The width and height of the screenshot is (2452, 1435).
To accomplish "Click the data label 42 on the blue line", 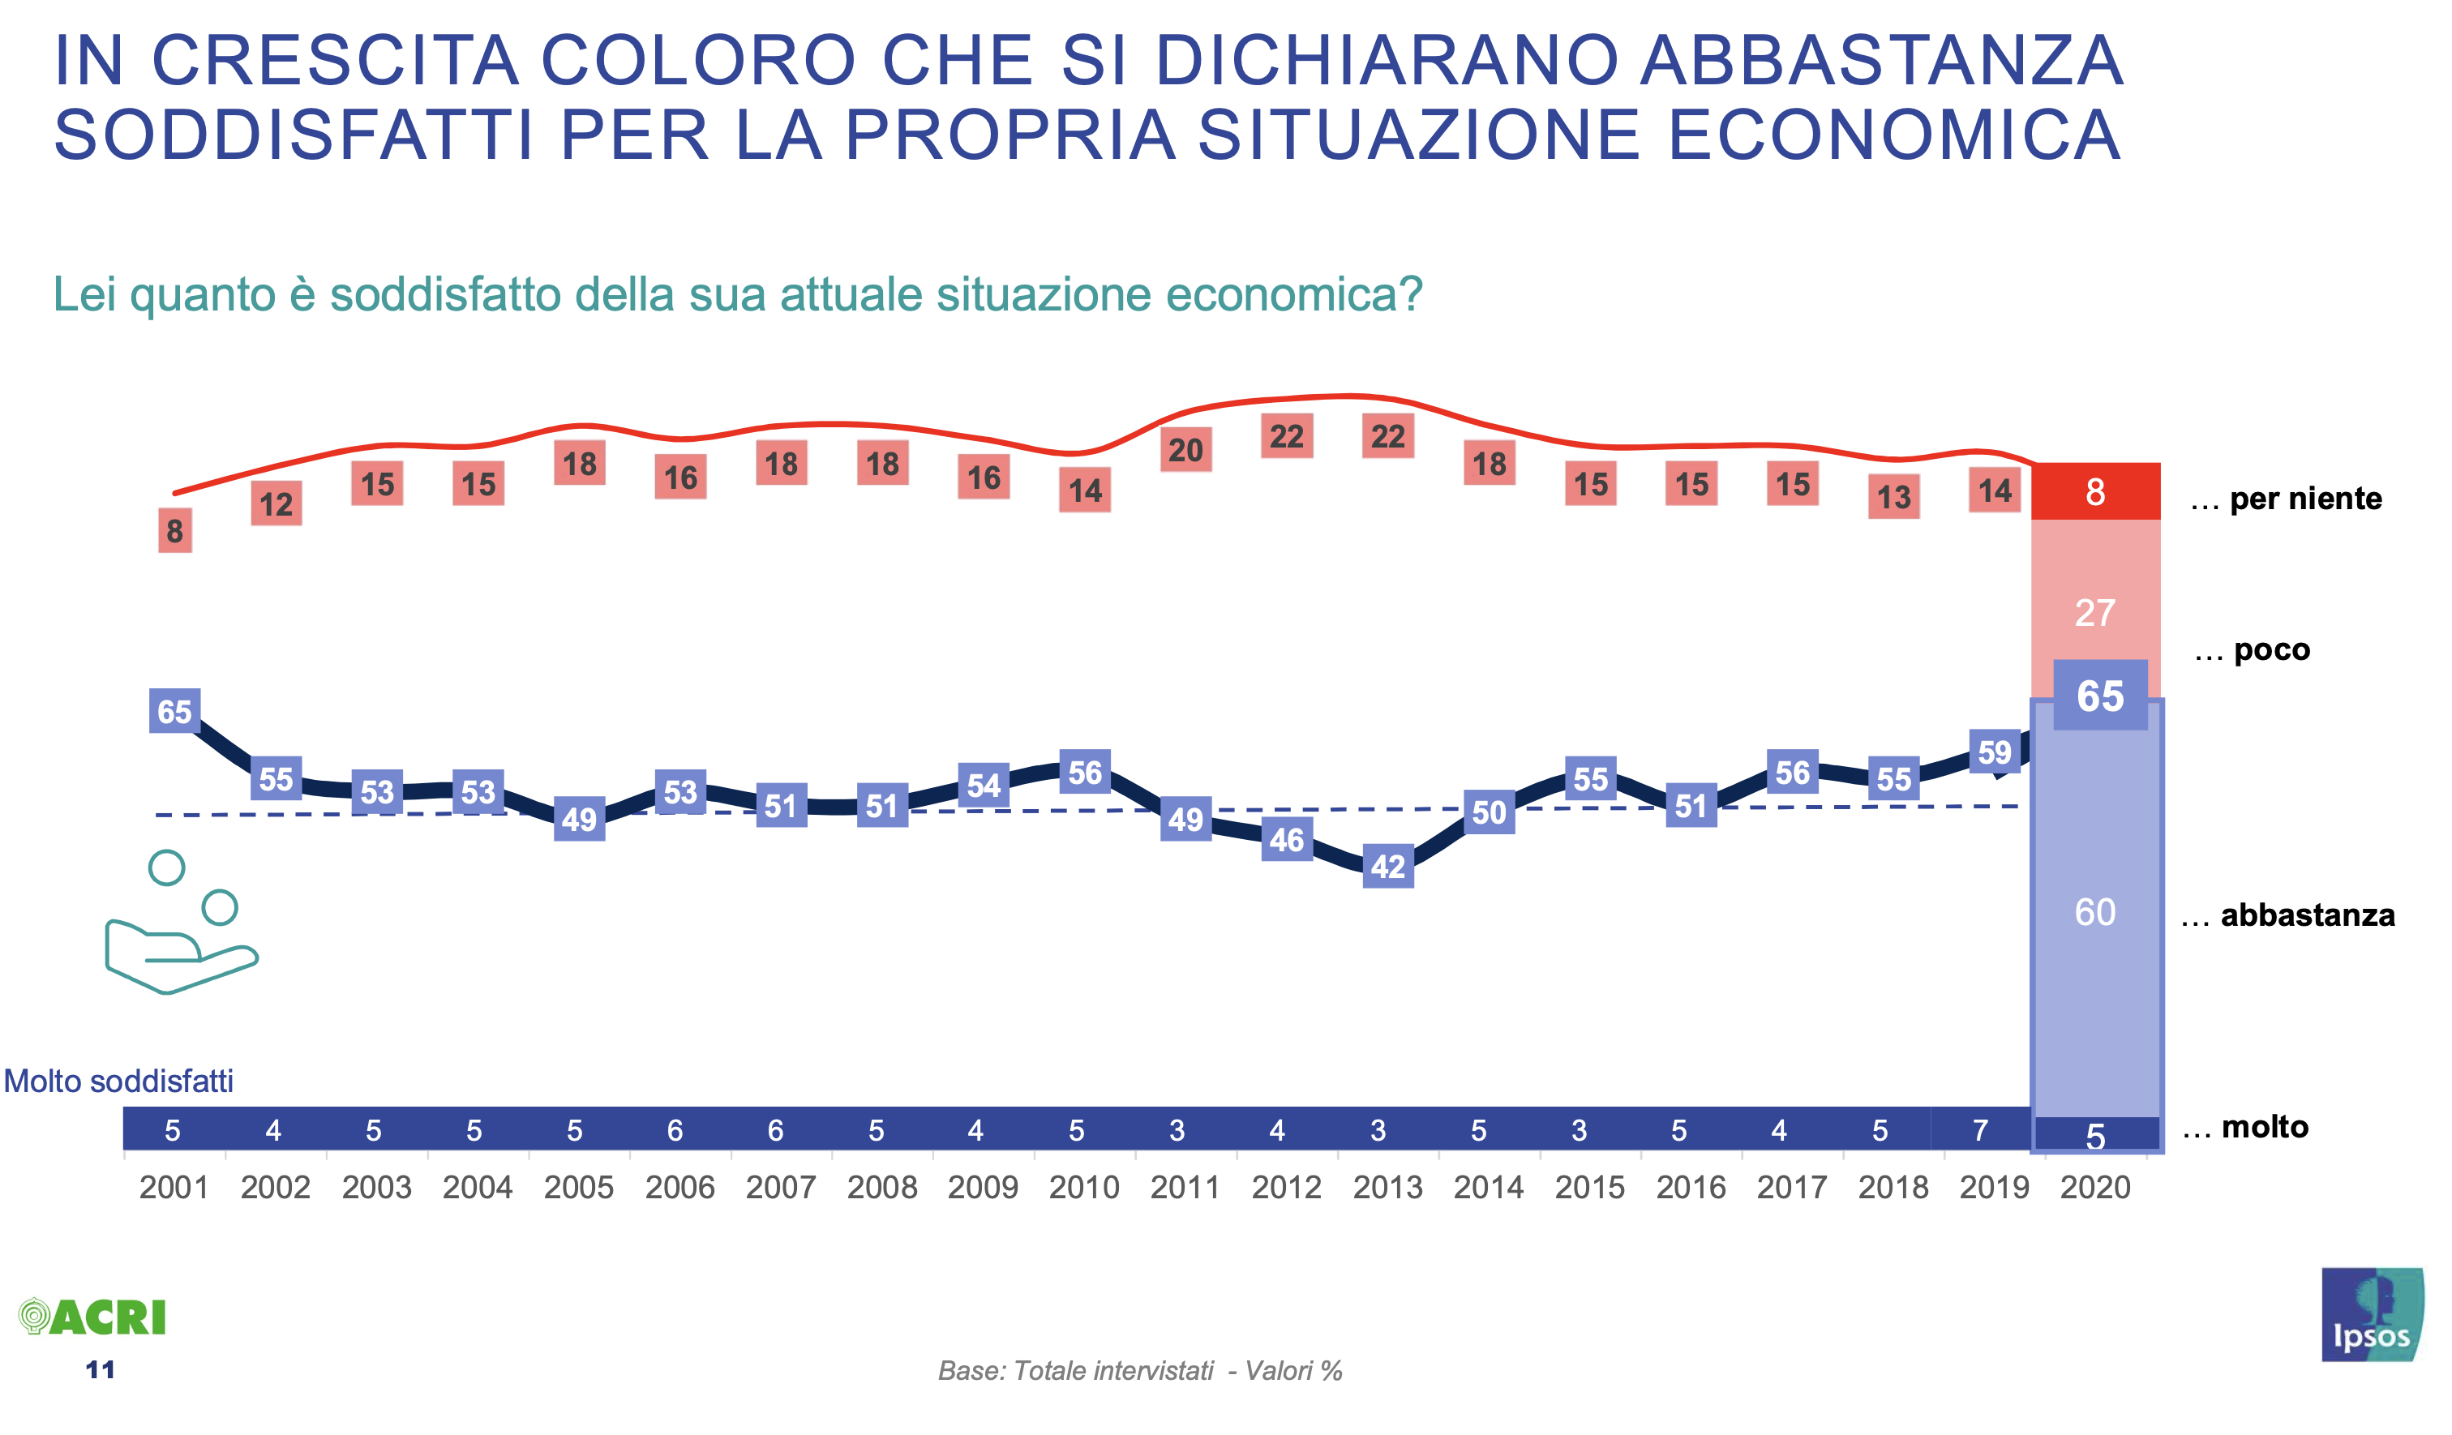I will (x=1387, y=867).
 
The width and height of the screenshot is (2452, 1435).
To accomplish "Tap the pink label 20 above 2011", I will (x=1185, y=451).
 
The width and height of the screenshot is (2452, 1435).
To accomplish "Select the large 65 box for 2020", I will (x=2100, y=696).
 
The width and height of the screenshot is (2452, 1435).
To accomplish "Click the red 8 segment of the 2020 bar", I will (x=2095, y=492).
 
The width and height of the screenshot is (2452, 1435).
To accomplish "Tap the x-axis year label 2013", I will (x=1387, y=1188).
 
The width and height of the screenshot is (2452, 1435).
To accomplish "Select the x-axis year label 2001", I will (x=174, y=1188).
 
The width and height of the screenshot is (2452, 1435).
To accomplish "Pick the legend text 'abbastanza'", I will (x=2307, y=915).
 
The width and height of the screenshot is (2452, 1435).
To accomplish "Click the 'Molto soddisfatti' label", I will (x=118, y=1081).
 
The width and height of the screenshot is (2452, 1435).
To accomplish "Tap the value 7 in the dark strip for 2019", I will (x=1979, y=1130).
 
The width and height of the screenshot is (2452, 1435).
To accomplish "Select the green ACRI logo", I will (x=93, y=1317).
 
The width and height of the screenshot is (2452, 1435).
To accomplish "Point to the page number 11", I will (x=101, y=1371).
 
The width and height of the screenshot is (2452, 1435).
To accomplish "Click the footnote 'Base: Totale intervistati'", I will (x=1075, y=1371).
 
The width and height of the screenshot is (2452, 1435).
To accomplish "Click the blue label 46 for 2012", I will (x=1286, y=840).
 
